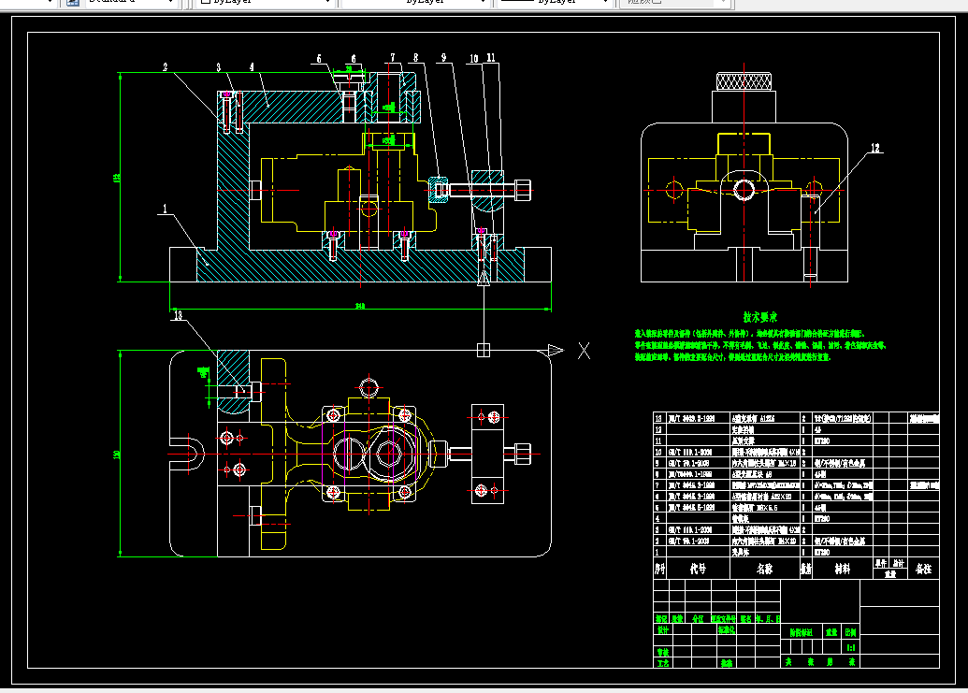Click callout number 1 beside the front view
(165, 211)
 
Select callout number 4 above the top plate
(253, 67)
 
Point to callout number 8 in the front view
(415, 58)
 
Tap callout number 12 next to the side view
(875, 148)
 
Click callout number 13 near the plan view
(178, 316)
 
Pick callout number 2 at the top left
(165, 67)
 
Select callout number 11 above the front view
(492, 58)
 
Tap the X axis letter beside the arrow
(585, 351)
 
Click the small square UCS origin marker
(484, 350)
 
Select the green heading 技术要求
(760, 317)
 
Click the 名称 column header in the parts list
(763, 568)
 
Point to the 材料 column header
(843, 568)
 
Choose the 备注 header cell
(923, 568)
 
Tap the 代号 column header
(698, 568)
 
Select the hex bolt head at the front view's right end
(524, 190)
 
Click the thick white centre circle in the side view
(744, 190)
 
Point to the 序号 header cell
(659, 568)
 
